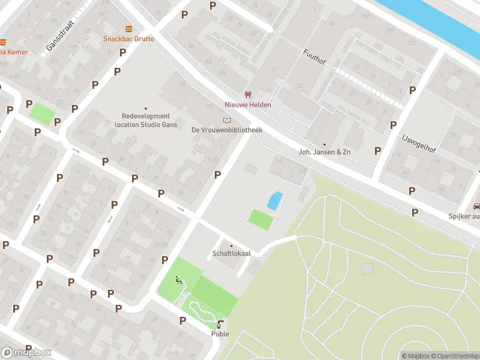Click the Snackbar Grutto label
(x=128, y=39)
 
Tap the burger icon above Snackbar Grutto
(x=128, y=29)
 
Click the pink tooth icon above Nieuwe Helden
(x=247, y=94)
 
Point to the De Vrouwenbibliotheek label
(x=227, y=130)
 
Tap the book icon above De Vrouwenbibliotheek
(x=227, y=120)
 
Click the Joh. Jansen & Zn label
(x=325, y=152)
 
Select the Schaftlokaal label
(x=231, y=254)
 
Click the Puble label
(x=220, y=334)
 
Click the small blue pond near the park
(x=274, y=200)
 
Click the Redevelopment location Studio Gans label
(x=146, y=120)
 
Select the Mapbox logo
(x=26, y=353)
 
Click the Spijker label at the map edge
(x=463, y=217)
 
